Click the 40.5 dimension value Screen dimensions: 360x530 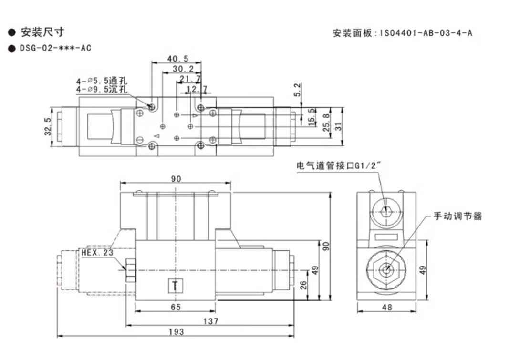(178, 59)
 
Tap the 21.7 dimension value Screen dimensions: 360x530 (190, 79)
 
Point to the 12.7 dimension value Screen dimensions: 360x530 (197, 89)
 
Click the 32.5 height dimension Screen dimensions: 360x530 (48, 127)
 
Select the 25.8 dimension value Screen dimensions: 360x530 (326, 122)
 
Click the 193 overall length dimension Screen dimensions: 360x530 (176, 332)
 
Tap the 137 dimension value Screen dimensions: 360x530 (210, 321)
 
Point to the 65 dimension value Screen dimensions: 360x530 (176, 307)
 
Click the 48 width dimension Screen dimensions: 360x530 (387, 308)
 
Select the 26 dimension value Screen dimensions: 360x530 (303, 286)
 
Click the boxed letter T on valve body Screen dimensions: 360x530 (176, 286)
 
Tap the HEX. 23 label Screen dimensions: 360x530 (97, 253)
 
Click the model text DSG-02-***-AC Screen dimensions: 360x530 (55, 48)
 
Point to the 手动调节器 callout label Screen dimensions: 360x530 (457, 216)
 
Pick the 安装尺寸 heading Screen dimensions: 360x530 (42, 32)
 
